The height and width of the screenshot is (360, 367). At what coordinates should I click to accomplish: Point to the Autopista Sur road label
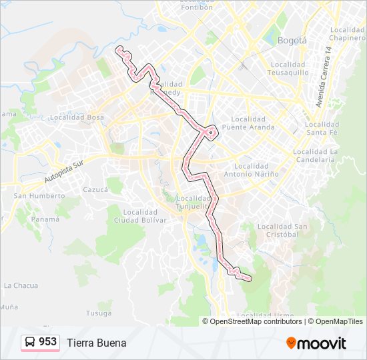[x=66, y=175]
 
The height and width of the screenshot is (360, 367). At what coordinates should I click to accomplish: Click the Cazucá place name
[x=95, y=189]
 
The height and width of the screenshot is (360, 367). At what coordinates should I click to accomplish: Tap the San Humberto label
[x=39, y=196]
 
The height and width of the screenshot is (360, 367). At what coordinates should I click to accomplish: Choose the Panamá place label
[x=45, y=219]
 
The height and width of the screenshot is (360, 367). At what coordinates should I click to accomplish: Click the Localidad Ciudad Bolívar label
[x=140, y=216]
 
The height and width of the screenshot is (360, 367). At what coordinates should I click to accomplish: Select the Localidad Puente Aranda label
[x=248, y=123]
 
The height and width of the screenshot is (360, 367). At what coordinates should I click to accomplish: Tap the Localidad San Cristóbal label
[x=282, y=231]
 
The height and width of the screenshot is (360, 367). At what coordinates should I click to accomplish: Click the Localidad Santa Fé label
[x=322, y=128]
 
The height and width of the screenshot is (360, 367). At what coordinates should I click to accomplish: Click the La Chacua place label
[x=21, y=285]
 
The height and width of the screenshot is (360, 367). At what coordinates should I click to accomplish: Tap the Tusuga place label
[x=98, y=313]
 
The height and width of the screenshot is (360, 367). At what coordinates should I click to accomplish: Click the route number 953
[x=47, y=342]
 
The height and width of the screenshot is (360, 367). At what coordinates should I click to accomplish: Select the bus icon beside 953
[x=30, y=343]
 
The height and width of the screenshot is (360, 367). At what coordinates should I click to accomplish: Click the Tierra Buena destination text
[x=96, y=343]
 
